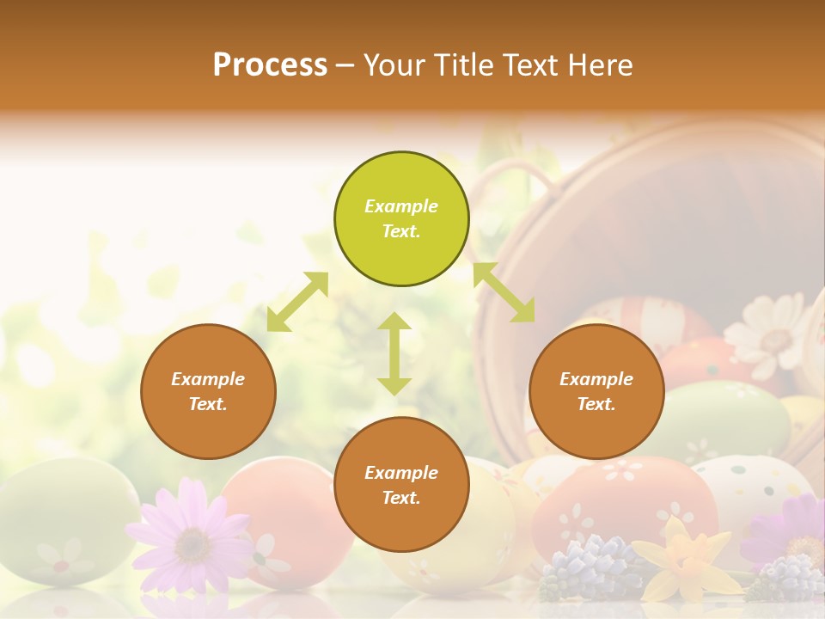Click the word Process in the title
pyautogui.click(x=270, y=65)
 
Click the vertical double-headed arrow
pyautogui.click(x=394, y=353)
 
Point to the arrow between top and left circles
pyautogui.click(x=297, y=301)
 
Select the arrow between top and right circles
pyautogui.click(x=504, y=292)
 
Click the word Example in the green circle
pyautogui.click(x=401, y=206)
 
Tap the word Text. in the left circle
pyautogui.click(x=208, y=404)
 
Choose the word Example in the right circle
pyautogui.click(x=596, y=379)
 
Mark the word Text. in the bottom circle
pyautogui.click(x=401, y=498)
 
